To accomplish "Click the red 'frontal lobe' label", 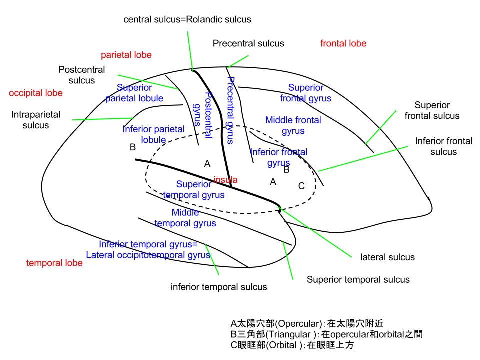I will click(x=343, y=44).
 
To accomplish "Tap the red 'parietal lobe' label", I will click(x=126, y=55).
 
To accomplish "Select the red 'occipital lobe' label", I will click(x=36, y=93).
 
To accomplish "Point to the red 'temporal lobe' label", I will click(x=54, y=263).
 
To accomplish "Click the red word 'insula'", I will click(x=225, y=179).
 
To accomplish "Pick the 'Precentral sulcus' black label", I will click(x=248, y=44).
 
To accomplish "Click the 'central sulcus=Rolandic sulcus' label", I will click(x=187, y=20).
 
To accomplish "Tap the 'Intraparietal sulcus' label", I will click(x=36, y=120).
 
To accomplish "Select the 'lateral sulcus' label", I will click(x=387, y=257).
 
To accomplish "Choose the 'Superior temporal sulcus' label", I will click(x=358, y=280).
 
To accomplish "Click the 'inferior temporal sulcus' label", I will click(x=219, y=287).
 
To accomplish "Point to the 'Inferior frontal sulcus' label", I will click(x=443, y=146).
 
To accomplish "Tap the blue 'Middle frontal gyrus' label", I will click(x=293, y=126).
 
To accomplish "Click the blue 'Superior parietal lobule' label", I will click(x=134, y=93).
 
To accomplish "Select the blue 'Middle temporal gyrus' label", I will click(x=185, y=218).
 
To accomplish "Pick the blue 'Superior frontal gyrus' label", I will click(x=305, y=93).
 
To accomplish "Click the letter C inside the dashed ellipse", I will click(x=301, y=186).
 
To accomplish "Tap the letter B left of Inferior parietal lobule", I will click(x=132, y=147).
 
